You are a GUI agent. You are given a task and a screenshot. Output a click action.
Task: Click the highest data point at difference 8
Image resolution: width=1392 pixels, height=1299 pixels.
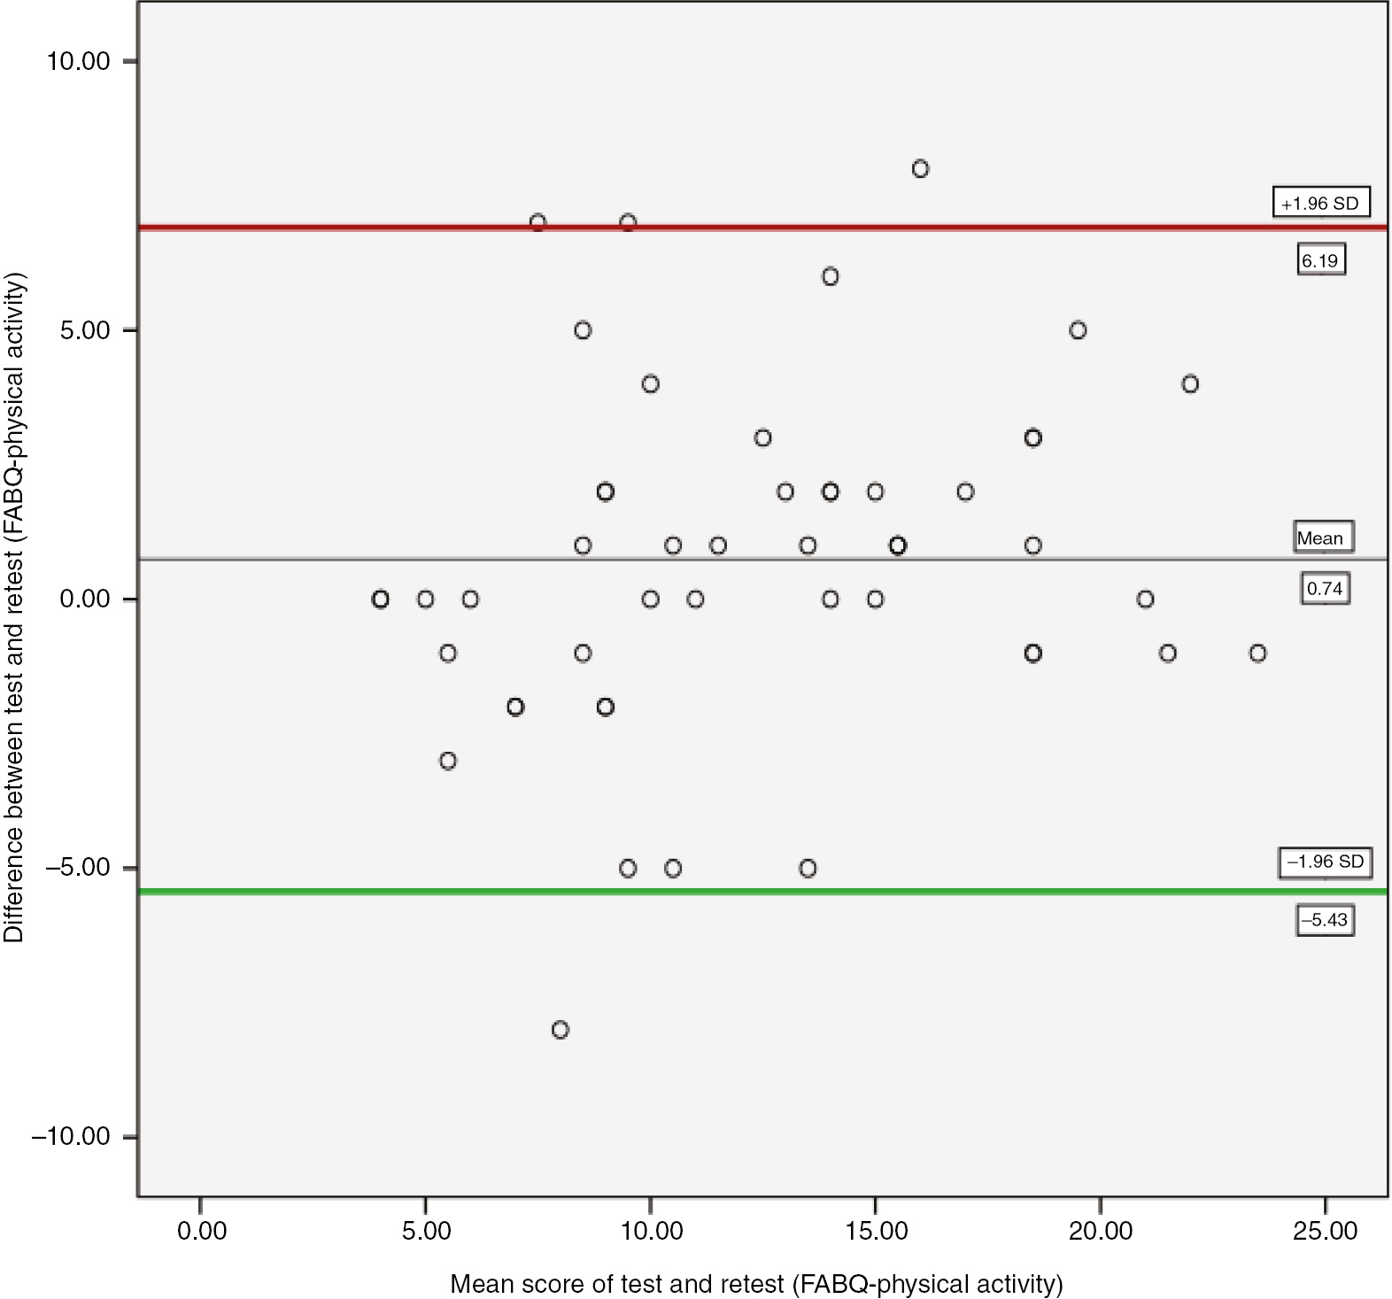pos(920,169)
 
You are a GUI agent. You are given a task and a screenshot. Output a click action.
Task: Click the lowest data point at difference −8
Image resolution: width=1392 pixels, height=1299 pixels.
pos(560,1030)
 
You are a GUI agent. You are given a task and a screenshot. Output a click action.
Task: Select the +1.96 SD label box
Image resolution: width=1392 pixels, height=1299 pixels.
pos(1320,203)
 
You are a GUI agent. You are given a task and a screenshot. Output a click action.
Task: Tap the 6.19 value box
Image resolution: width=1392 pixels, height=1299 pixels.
pos(1320,260)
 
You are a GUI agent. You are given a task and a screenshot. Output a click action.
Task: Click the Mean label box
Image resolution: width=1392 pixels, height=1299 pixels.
pos(1322,537)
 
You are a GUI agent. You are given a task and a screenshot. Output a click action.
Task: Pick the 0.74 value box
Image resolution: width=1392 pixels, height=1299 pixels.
pos(1325,589)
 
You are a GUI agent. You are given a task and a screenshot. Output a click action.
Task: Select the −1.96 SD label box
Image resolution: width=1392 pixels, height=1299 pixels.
pos(1325,862)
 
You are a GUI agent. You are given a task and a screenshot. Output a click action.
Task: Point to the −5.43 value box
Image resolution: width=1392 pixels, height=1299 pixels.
pos(1325,921)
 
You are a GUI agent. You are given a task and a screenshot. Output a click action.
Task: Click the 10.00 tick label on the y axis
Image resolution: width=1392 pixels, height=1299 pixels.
pos(78,61)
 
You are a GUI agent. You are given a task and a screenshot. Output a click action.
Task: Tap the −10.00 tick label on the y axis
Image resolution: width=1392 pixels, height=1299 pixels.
pos(71,1137)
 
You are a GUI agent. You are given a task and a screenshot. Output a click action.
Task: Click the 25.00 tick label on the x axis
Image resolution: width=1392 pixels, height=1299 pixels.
pos(1325,1232)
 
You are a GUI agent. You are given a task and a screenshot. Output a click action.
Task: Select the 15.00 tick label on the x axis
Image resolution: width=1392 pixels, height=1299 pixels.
pos(875,1232)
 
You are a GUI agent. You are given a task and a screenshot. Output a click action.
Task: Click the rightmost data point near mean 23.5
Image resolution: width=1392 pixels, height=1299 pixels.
pos(1257,653)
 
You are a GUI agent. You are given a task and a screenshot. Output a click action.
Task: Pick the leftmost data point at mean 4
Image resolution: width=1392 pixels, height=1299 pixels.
pos(380,599)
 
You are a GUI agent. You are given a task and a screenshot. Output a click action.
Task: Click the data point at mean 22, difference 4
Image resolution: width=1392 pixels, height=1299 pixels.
pos(1190,384)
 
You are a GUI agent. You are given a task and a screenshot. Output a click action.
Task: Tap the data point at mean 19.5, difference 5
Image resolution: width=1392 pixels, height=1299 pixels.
pos(1078,330)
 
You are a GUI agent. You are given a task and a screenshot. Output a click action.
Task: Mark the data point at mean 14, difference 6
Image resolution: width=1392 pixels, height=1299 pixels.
pos(830,277)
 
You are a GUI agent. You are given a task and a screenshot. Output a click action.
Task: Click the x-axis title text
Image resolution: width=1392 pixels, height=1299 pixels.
pos(755,1284)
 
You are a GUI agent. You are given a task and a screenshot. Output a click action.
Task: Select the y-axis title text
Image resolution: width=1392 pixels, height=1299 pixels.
pos(14,607)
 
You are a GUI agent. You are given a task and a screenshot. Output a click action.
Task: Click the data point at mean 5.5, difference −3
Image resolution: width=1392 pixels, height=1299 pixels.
pos(448,761)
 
